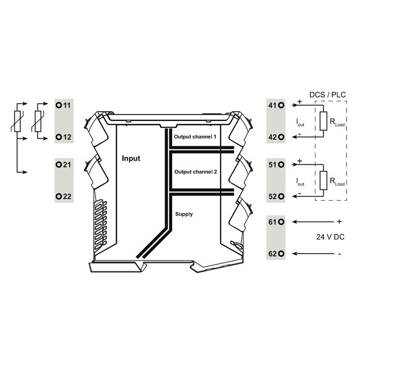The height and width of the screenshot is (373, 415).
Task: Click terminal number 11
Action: point(67,105)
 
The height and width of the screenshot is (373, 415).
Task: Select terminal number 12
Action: point(67,137)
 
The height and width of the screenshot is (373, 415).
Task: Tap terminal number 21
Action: point(67,164)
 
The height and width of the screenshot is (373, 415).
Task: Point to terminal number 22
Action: point(67,197)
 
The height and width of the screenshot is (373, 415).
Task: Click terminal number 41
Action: point(272,105)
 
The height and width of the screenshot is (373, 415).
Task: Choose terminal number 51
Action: point(272,164)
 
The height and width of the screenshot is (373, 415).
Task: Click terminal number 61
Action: point(272,222)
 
